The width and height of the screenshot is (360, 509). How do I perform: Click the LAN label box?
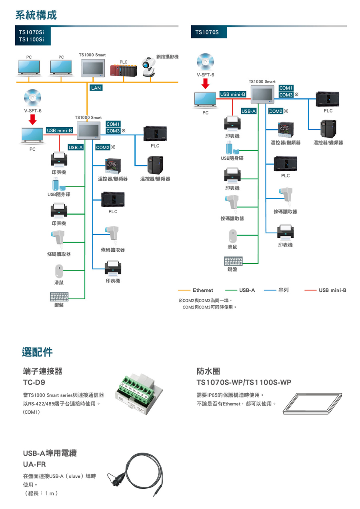(96, 88)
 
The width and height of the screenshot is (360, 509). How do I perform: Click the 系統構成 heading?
(36, 15)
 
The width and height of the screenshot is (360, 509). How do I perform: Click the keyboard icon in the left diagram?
(59, 297)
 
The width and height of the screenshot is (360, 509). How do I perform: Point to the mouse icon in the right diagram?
(232, 235)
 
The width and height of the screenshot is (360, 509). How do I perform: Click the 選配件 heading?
(37, 352)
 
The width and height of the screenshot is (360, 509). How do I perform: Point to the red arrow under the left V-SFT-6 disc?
(33, 119)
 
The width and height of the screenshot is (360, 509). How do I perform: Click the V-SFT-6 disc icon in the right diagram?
(205, 62)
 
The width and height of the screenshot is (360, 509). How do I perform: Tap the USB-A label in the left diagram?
(76, 148)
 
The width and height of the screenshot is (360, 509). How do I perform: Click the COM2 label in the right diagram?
(276, 111)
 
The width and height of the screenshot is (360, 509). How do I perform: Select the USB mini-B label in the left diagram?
(59, 130)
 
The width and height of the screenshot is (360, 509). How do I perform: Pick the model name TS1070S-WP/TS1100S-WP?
(244, 383)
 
